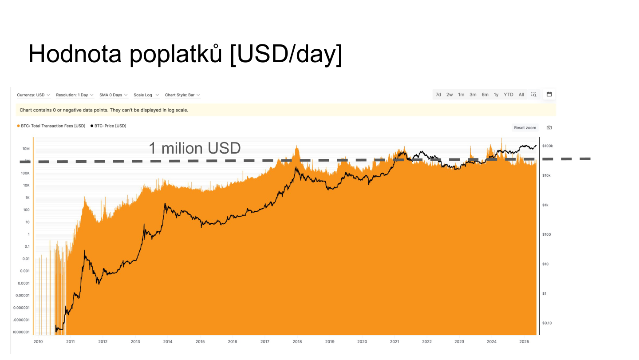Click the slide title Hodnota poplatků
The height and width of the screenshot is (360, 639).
[185, 55]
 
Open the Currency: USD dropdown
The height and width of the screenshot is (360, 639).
[34, 95]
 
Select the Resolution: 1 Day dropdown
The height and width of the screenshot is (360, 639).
[75, 95]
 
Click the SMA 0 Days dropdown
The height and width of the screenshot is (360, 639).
[114, 95]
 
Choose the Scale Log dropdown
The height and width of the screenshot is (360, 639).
[146, 95]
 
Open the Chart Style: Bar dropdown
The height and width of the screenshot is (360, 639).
[182, 95]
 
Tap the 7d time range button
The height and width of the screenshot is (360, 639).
[438, 95]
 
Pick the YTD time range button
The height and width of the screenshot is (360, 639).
[509, 95]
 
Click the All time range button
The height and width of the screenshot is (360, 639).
[521, 95]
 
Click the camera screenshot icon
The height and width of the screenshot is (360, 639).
[549, 127]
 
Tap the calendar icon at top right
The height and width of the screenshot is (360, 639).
[549, 94]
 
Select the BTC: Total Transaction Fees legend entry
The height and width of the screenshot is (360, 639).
[51, 126]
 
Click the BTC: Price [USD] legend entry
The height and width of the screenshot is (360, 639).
[108, 126]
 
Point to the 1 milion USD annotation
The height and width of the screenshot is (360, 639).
[194, 148]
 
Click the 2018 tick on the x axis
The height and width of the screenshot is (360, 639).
[297, 342]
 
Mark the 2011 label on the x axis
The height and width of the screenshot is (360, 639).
[70, 342]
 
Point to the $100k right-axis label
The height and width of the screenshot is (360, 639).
[548, 146]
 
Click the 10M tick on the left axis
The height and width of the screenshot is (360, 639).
[26, 149]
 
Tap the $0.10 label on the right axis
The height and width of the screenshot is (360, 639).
[548, 323]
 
